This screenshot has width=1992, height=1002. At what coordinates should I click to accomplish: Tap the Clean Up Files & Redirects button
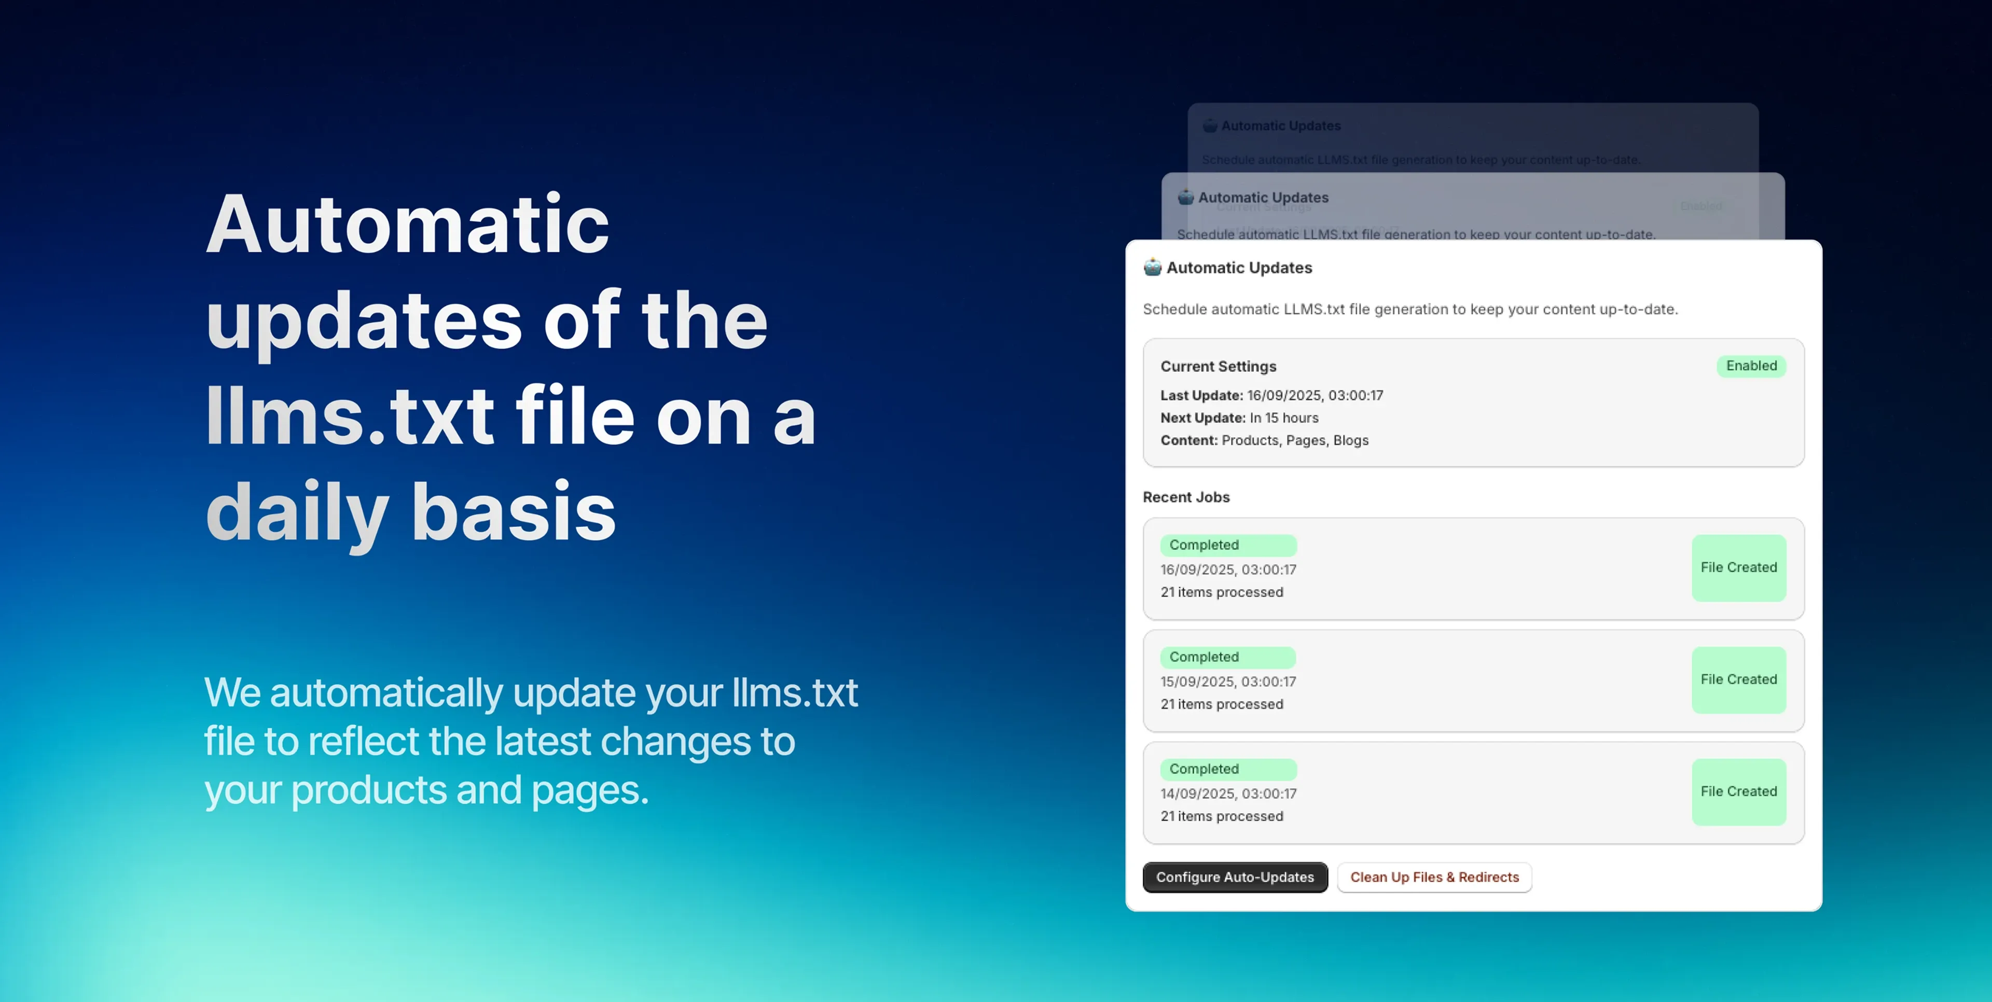[1434, 876]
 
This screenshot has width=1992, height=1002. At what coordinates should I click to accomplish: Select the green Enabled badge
[1751, 366]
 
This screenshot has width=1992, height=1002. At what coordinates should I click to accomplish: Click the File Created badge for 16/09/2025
[1738, 567]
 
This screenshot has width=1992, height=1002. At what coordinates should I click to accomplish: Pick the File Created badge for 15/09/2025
[1738, 679]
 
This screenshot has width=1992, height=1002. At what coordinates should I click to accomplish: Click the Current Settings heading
[1218, 367]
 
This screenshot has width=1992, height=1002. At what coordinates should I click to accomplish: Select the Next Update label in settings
[1202, 418]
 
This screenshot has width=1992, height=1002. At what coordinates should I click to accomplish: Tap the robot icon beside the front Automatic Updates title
[1152, 268]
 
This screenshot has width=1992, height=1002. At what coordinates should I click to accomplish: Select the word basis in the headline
[514, 512]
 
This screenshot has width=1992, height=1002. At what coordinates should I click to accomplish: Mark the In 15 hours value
[1284, 418]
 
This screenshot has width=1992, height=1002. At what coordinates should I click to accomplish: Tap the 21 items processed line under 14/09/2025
[1221, 816]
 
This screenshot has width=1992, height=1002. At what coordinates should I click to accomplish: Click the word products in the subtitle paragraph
[369, 790]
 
